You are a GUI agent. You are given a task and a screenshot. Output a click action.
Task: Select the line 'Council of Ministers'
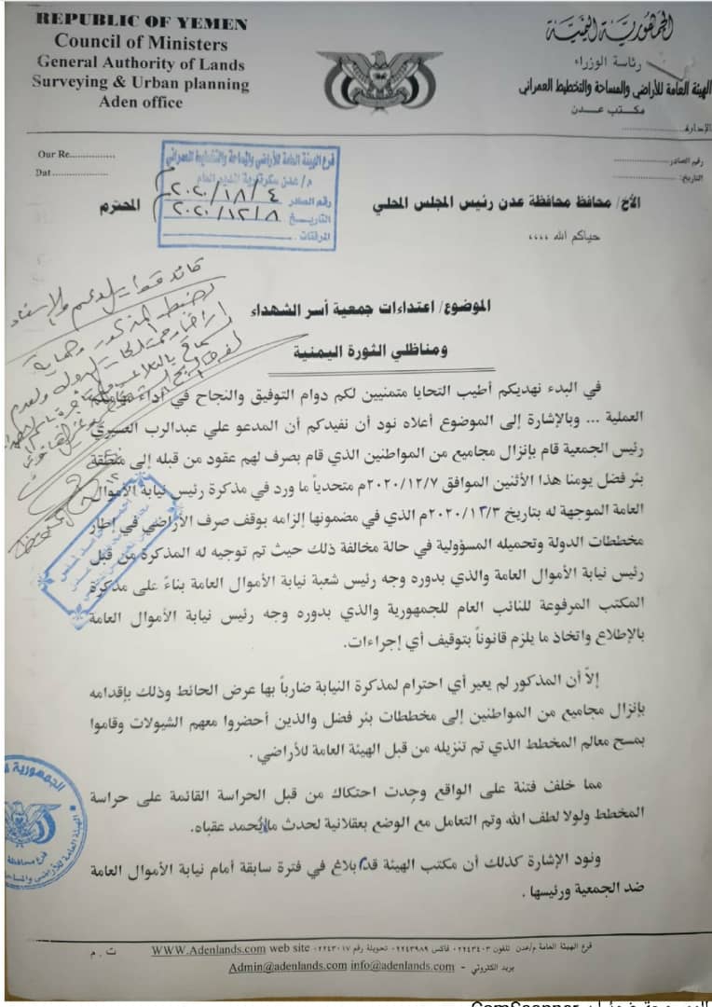[x=141, y=43]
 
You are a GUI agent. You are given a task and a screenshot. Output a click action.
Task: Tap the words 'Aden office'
[x=141, y=102]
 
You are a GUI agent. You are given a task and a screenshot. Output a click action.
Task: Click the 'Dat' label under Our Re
[x=43, y=172]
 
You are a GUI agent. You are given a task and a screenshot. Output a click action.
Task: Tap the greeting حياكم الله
[x=578, y=237]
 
